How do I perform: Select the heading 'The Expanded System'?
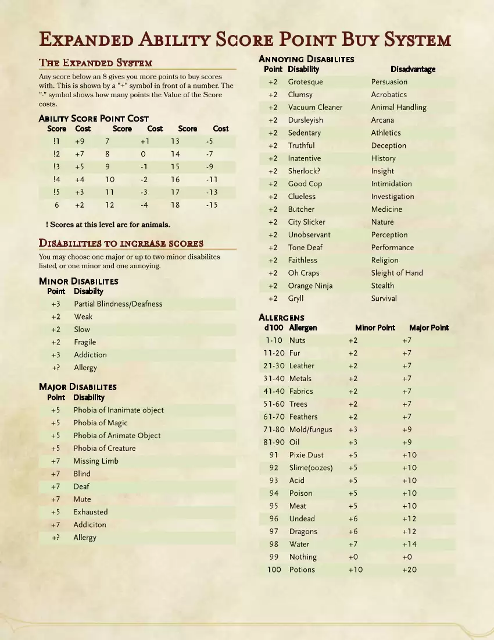coord(95,63)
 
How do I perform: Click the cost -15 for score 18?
coord(212,205)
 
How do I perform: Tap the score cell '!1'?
coord(56,141)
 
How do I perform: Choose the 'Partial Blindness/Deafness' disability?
coord(118,304)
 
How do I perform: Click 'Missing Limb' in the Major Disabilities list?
coord(96,461)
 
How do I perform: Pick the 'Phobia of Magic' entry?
coord(101,423)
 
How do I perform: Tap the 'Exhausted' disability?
coord(91,512)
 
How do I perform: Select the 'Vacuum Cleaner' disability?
coord(315,107)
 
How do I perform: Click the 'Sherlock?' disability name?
coord(304,171)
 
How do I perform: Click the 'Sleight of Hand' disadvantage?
coord(397,273)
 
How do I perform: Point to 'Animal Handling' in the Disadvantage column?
coord(399,107)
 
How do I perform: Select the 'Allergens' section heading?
coord(281,318)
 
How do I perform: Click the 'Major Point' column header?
coord(429,328)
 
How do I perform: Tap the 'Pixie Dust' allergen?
coord(306,455)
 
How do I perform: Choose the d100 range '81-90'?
coord(274,442)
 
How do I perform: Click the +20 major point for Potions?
coord(409,570)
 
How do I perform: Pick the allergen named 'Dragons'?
coord(303,531)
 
